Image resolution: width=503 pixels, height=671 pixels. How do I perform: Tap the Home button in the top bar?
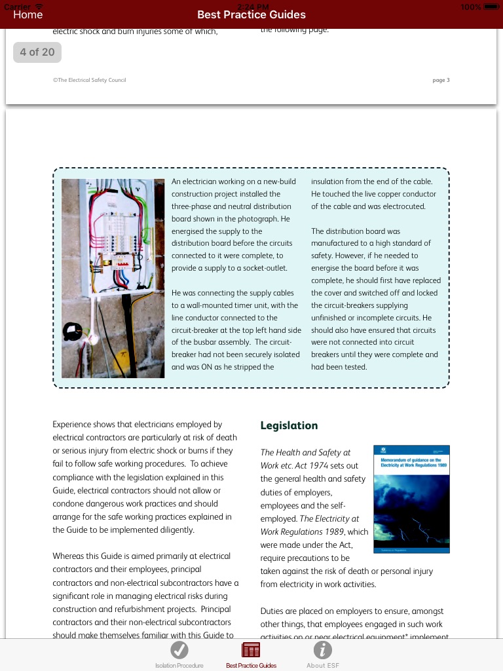click(x=28, y=14)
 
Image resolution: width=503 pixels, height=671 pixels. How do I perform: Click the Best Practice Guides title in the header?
click(x=251, y=14)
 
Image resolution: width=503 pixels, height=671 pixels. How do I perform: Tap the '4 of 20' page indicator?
click(x=37, y=52)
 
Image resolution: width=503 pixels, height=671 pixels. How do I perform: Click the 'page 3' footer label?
click(x=441, y=80)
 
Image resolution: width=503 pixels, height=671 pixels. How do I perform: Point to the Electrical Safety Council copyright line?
click(x=89, y=80)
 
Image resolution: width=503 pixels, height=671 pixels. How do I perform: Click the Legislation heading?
click(x=289, y=425)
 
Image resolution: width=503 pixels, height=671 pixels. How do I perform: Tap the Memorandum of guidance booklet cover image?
click(x=411, y=499)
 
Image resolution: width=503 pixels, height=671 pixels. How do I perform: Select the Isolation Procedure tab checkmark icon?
click(x=179, y=650)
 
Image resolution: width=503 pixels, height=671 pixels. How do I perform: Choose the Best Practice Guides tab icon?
click(x=251, y=650)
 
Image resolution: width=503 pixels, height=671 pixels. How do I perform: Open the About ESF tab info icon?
click(x=323, y=650)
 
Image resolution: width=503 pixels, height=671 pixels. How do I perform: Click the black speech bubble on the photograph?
click(x=72, y=332)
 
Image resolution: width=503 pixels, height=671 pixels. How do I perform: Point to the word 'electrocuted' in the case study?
click(x=404, y=206)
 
